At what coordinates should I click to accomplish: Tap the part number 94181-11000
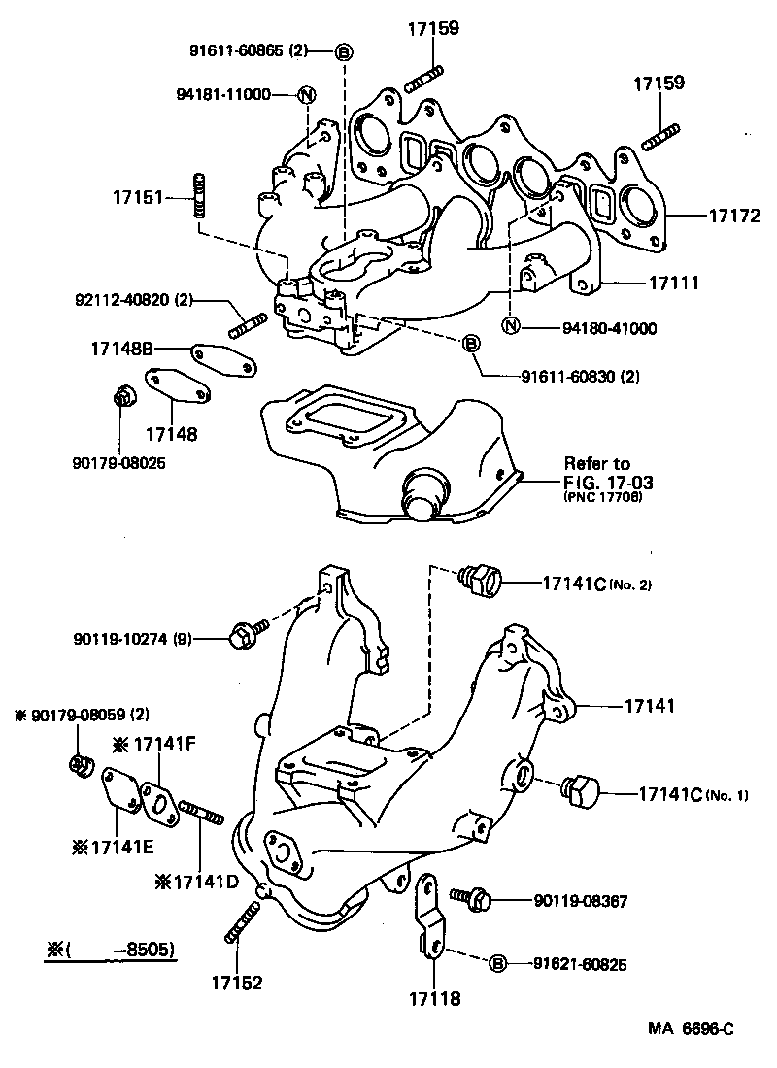coord(224,94)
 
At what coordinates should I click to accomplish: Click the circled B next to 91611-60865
coord(343,51)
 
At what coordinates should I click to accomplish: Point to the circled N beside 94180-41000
coord(510,327)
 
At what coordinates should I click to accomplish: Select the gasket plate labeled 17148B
coord(224,358)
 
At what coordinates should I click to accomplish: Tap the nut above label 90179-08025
coord(122,397)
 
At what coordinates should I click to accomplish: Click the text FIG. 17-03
coord(603,482)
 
